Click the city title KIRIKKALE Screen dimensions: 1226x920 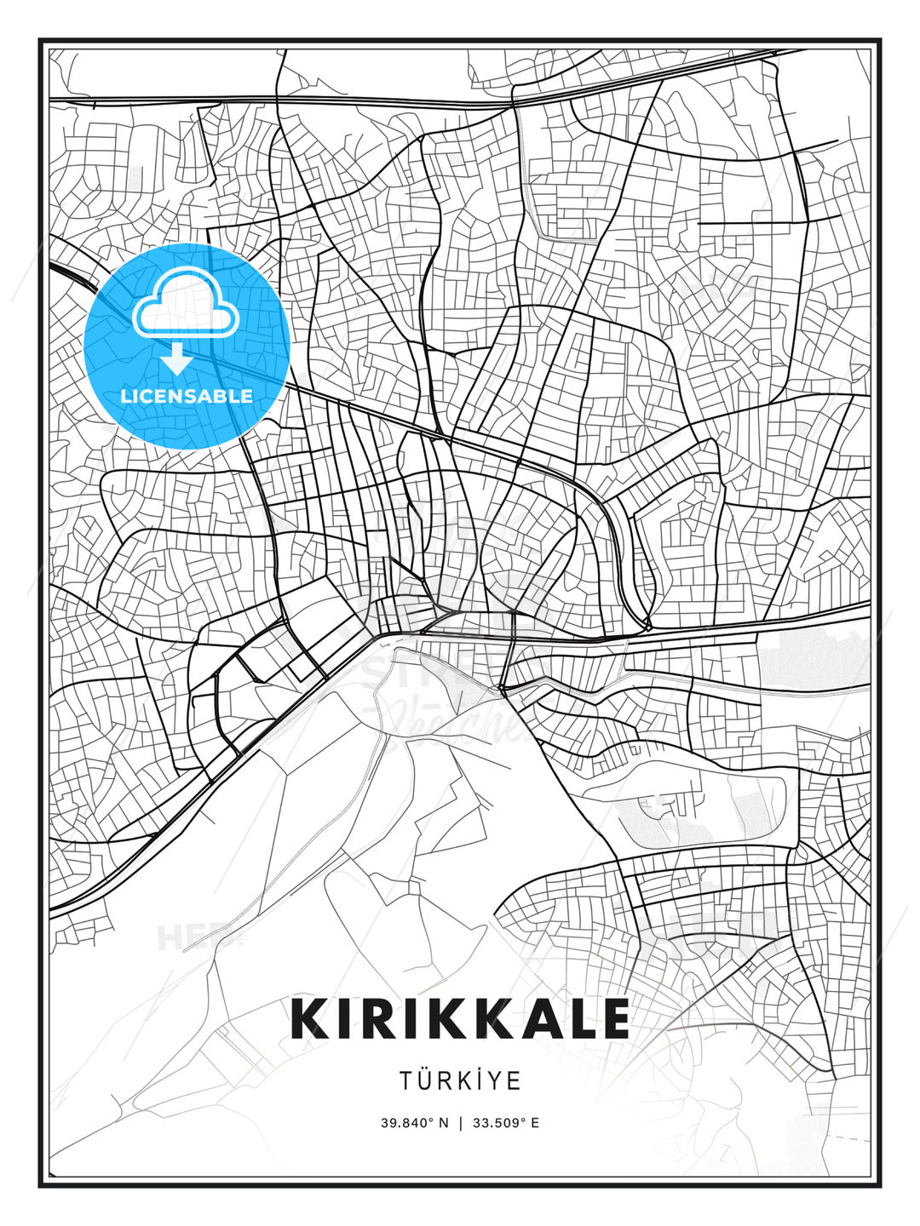[x=460, y=1019]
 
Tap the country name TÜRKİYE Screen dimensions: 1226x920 [x=460, y=1080]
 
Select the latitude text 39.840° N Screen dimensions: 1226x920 [x=414, y=1123]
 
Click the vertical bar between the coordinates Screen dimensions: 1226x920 [x=460, y=1123]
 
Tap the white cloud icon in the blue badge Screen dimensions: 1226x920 [x=185, y=307]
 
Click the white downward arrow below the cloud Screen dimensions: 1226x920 [x=177, y=358]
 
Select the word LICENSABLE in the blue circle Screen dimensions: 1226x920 [x=187, y=396]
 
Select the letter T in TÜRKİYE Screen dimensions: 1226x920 [x=405, y=1080]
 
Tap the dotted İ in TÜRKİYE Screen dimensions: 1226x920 [x=475, y=1080]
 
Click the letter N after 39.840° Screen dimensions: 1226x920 [x=443, y=1123]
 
